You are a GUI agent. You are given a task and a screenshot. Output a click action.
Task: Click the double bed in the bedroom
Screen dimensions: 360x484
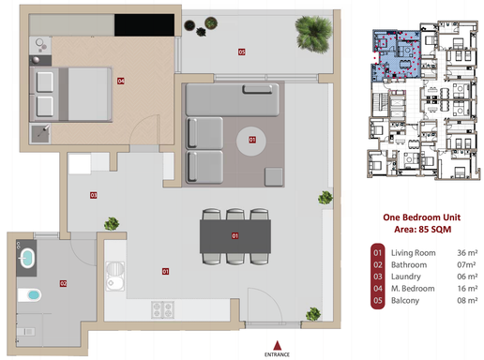[70, 90]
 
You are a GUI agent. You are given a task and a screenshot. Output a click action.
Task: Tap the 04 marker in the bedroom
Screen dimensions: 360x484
[121, 82]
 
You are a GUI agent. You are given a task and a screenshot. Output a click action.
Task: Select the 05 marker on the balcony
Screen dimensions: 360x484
[241, 52]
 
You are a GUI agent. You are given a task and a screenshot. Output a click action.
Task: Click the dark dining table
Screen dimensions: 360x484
[235, 235]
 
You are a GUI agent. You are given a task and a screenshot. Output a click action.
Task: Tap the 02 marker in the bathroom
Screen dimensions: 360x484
[63, 282]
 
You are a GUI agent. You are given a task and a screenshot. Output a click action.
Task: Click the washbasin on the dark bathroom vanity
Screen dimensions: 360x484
[33, 296]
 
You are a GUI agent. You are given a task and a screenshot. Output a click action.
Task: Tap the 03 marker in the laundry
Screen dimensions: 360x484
[93, 196]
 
